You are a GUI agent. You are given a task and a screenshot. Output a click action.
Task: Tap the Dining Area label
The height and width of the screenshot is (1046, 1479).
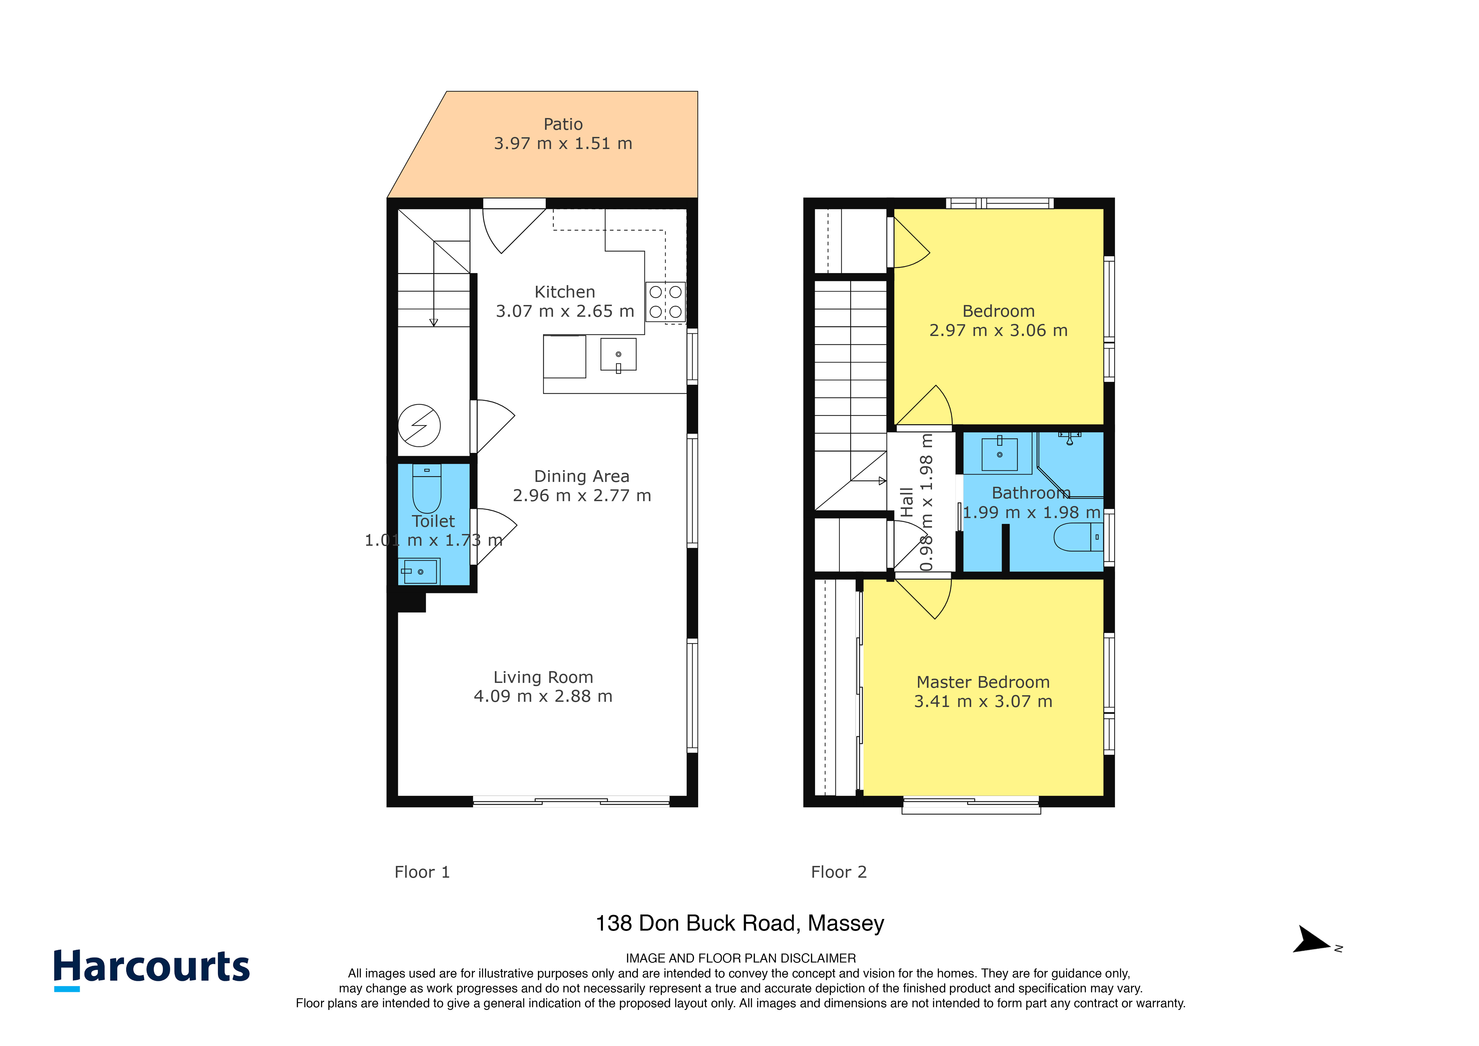(582, 476)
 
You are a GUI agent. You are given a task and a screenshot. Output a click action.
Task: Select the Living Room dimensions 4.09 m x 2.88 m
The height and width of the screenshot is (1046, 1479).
(543, 696)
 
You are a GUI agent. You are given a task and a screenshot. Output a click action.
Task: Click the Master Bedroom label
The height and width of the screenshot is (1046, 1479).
(983, 682)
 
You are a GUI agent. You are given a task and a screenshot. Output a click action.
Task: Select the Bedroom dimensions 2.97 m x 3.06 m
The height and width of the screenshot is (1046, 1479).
(998, 330)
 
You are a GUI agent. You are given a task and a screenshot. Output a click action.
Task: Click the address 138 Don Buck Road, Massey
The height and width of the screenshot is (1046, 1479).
(739, 924)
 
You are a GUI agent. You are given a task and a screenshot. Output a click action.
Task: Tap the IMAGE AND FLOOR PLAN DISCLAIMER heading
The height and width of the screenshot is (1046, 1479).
(741, 958)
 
